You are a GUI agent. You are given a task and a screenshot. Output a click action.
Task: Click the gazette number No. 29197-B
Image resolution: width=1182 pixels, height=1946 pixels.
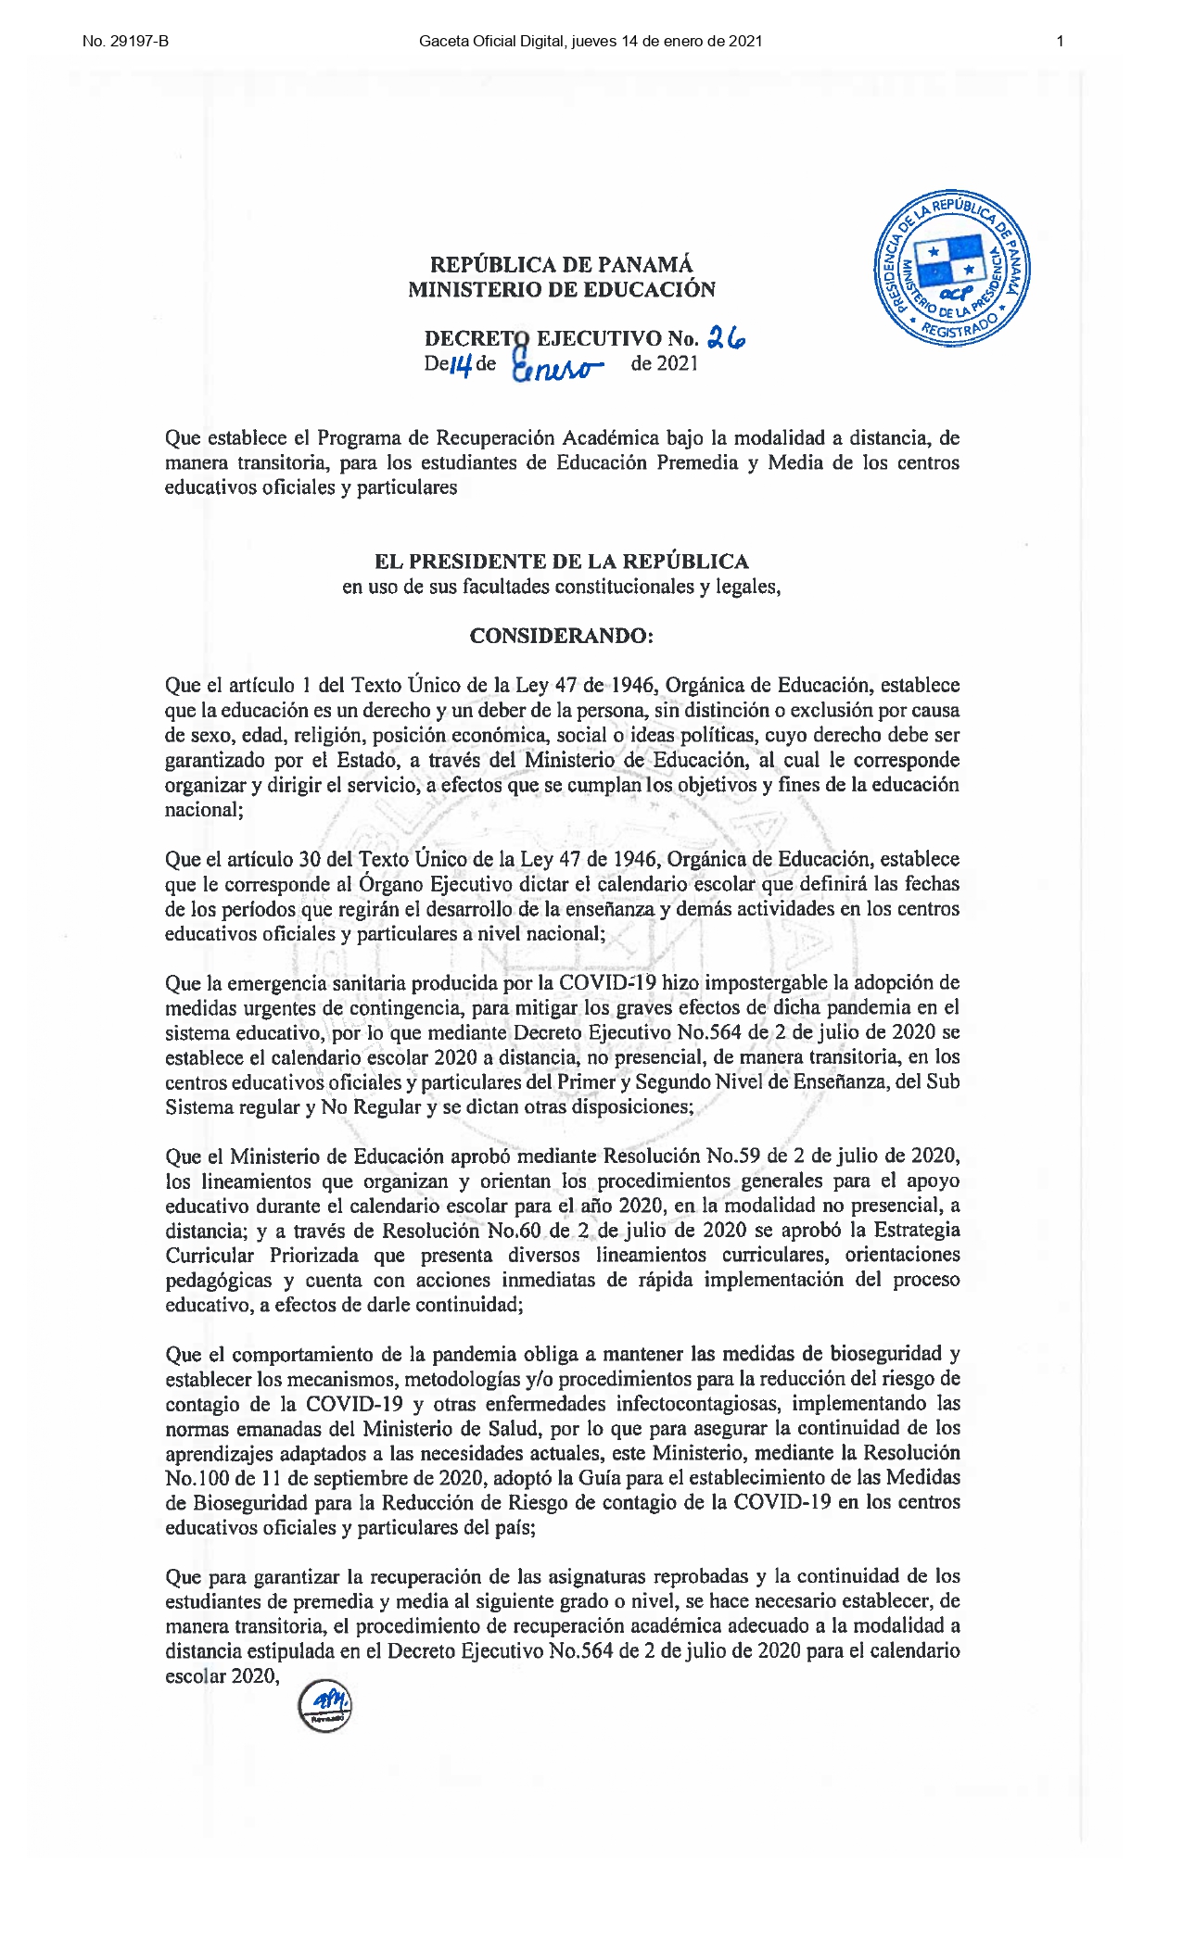tap(125, 41)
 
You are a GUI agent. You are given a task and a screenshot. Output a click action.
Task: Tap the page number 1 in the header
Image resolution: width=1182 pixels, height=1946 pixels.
tap(1060, 41)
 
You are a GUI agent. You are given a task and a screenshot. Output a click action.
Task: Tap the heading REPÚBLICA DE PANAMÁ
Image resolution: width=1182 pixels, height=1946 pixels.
tap(561, 265)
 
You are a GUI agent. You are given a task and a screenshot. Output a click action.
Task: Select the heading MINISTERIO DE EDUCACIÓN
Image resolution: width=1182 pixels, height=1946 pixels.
tap(561, 290)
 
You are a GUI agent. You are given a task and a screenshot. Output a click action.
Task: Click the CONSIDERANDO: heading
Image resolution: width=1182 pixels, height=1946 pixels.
tap(561, 636)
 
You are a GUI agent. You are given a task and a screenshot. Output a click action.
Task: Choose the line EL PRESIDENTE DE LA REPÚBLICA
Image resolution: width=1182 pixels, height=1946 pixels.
tap(561, 562)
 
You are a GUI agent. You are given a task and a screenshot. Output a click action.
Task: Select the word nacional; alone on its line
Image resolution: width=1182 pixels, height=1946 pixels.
tap(204, 810)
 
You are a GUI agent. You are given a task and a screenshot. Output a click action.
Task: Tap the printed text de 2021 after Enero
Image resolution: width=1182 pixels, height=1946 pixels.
tap(664, 364)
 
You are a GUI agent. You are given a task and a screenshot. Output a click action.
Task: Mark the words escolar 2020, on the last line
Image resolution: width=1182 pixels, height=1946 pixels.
tap(222, 1675)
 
